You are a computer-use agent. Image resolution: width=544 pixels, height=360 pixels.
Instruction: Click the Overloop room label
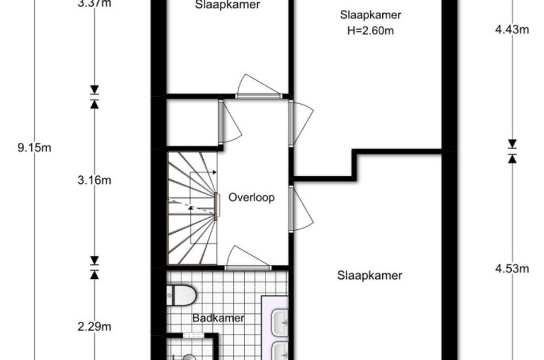tap(252, 198)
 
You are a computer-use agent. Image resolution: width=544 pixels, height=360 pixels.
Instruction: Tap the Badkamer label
tap(218, 318)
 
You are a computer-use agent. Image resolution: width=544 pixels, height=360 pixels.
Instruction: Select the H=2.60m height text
tap(371, 31)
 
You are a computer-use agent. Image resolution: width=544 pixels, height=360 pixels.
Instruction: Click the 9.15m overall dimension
tap(35, 148)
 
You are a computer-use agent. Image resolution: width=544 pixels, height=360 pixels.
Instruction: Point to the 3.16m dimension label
tap(94, 180)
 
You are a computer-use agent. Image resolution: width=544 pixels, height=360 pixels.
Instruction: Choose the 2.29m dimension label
tap(94, 327)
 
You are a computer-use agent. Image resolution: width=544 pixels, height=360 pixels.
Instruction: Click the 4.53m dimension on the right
tap(512, 268)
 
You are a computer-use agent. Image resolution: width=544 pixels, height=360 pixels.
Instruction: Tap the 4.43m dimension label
tap(512, 30)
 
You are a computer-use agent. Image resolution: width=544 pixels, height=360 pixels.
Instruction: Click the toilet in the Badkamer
tap(181, 295)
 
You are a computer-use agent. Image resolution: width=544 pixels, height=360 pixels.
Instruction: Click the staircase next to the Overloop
tap(192, 207)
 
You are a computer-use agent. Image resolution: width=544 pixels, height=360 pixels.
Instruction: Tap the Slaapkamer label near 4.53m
tap(370, 276)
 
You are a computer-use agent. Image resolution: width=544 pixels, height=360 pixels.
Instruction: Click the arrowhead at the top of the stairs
tap(214, 172)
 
